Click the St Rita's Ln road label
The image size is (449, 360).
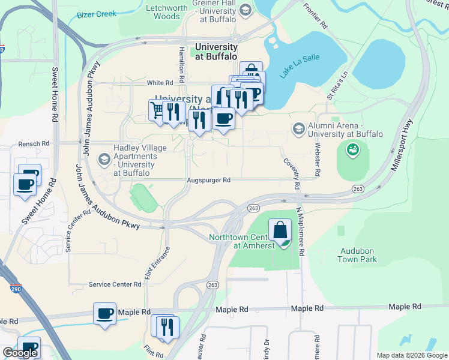[337, 87]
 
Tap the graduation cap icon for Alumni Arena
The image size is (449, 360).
[298, 129]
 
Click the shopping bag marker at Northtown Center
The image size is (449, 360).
[280, 229]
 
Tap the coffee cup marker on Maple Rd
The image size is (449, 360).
[105, 313]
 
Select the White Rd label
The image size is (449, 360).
[160, 83]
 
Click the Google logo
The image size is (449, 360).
[20, 353]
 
